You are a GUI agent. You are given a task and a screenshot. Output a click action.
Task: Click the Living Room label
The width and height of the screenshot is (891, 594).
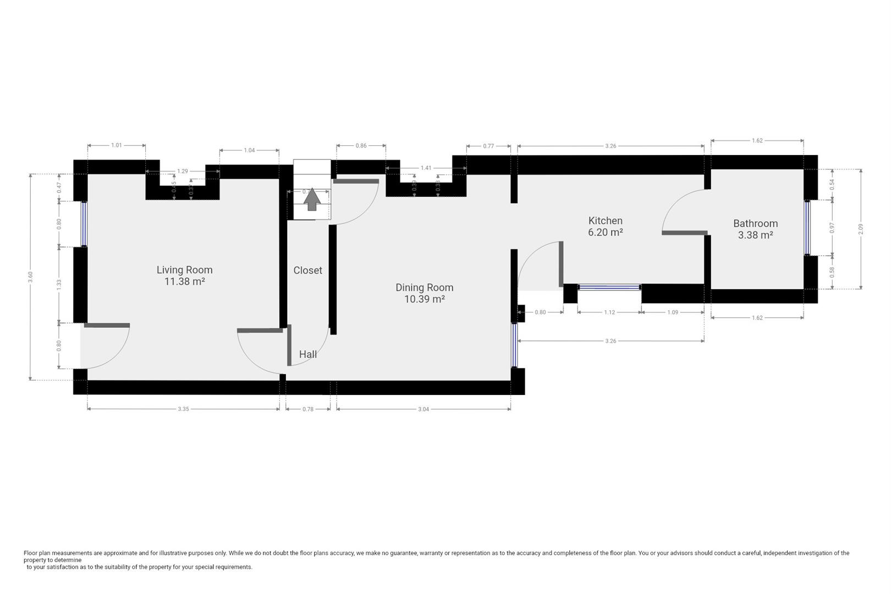click(184, 269)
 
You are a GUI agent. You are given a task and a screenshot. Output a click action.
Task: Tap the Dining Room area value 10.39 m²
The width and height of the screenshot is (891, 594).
click(424, 299)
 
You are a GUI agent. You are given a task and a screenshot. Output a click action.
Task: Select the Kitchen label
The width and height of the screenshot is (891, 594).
click(605, 221)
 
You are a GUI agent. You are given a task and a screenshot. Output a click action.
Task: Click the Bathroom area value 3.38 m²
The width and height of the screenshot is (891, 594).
click(755, 235)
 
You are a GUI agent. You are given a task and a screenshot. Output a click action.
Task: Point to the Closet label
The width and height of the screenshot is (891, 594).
click(307, 270)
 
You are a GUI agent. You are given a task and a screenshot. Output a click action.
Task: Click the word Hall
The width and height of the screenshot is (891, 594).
click(307, 354)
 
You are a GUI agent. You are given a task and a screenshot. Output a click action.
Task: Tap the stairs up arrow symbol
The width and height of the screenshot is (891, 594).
click(312, 199)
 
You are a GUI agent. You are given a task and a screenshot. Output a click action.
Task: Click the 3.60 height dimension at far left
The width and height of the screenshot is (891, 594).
click(31, 277)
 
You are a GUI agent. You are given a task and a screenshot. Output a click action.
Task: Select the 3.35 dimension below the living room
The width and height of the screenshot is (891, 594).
click(184, 409)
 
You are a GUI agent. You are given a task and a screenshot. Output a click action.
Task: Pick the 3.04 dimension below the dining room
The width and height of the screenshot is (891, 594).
click(423, 409)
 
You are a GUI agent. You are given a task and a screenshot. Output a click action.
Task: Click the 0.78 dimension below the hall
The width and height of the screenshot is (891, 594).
click(308, 409)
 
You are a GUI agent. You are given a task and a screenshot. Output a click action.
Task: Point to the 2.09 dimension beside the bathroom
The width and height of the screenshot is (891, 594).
click(861, 229)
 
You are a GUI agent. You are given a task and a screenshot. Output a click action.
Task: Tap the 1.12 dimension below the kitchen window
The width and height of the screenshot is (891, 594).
click(609, 312)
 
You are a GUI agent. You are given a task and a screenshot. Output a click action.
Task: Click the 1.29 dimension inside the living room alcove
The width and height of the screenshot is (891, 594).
click(183, 171)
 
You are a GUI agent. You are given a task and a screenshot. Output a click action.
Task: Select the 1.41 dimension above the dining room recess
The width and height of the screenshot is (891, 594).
click(426, 168)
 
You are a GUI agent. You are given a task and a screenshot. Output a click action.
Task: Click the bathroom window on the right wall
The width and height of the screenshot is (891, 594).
click(807, 228)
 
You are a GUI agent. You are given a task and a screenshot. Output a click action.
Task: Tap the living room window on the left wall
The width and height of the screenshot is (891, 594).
click(84, 224)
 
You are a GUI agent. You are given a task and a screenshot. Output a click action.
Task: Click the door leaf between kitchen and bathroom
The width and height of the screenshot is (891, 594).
click(684, 233)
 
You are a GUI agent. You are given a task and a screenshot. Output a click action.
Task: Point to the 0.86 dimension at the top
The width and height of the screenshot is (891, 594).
click(361, 146)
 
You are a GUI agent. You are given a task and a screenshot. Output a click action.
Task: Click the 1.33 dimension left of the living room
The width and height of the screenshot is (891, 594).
click(59, 284)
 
